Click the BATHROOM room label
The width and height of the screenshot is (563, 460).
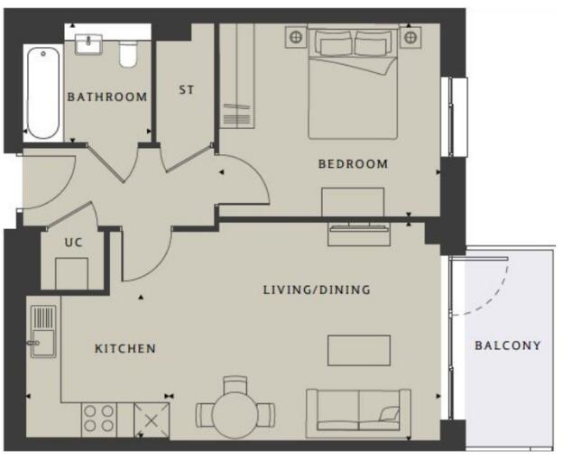[106, 97]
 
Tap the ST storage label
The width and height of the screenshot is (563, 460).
[187, 90]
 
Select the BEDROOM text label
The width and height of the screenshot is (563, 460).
[353, 164]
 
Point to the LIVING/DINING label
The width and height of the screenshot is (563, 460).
[317, 290]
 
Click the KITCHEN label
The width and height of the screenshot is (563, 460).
[125, 348]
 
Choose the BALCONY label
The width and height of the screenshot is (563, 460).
[508, 345]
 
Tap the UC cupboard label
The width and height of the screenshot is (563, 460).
[73, 243]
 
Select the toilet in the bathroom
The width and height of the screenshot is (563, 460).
[127, 53]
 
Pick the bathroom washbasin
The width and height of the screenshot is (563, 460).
[90, 42]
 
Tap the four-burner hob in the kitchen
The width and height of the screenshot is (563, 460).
[99, 419]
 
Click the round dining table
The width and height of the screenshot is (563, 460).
[235, 415]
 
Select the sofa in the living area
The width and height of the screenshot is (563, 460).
[358, 411]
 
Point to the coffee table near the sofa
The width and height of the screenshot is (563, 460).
[358, 350]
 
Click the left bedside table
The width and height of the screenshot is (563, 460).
[294, 37]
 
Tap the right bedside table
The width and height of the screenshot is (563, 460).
[411, 37]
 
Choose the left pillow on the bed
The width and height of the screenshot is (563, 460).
[333, 42]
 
